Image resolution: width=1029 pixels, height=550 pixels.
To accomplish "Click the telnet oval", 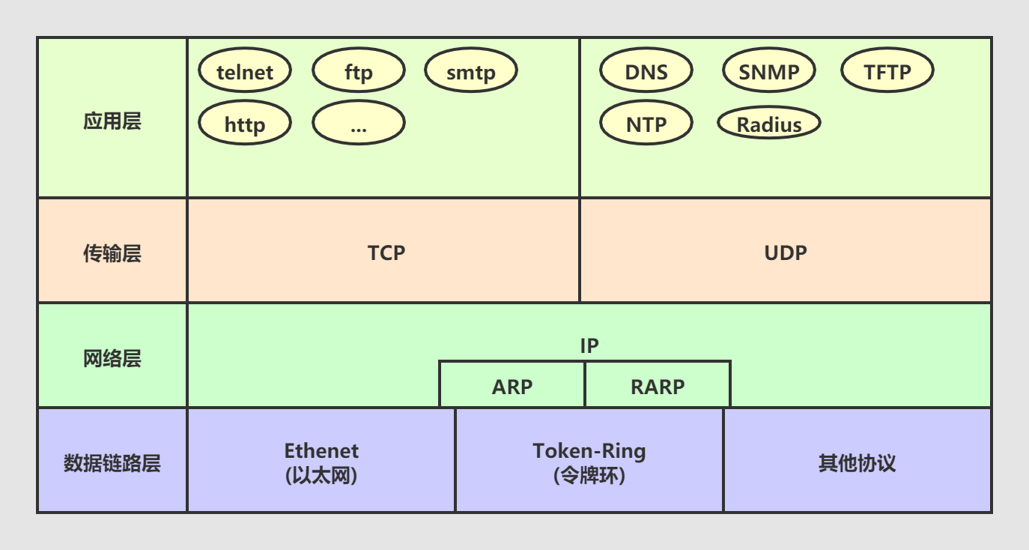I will tap(245, 72).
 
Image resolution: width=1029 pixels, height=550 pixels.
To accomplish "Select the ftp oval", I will tap(358, 72).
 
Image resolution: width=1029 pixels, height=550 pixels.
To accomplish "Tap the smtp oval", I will tap(471, 72).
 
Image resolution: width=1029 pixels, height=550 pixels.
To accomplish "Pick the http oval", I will tap(245, 124).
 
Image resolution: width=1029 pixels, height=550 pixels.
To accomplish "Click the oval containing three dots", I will tap(358, 124).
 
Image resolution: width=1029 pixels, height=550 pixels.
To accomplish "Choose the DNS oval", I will tap(646, 72).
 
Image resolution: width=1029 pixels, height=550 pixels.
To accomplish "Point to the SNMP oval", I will tap(768, 72).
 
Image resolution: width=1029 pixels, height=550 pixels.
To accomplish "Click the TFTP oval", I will tap(887, 72).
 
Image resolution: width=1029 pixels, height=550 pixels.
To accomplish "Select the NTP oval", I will tap(646, 124).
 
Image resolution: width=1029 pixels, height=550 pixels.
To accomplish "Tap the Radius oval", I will tap(769, 124).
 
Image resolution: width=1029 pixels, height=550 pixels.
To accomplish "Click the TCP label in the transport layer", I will tap(386, 253).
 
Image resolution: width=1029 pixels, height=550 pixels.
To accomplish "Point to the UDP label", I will tap(786, 253).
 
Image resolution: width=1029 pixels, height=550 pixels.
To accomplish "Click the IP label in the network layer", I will tap(589, 345).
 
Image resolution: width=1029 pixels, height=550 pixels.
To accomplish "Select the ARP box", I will tap(512, 386).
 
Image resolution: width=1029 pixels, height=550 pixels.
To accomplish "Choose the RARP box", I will tap(658, 386).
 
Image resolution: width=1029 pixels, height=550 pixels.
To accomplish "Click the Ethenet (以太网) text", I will tap(321, 462).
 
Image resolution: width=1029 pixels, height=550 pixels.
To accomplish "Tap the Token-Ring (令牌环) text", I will tap(589, 462).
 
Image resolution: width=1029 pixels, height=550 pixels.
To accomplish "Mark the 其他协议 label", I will tap(857, 462).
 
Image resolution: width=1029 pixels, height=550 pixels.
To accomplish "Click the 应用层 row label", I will tap(112, 121).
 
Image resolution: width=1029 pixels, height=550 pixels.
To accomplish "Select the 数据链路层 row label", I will tap(112, 463).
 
